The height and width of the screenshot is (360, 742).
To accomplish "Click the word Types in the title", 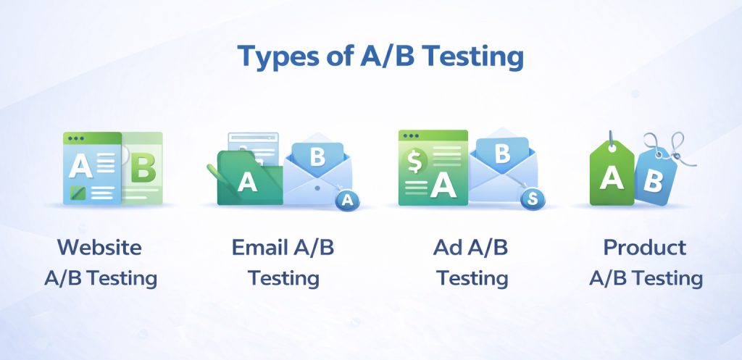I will click(x=273, y=56).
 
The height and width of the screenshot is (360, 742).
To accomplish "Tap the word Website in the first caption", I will click(x=99, y=247).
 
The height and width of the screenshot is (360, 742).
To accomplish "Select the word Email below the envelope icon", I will click(x=259, y=247).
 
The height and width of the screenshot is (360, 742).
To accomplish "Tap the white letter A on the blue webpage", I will click(x=80, y=167).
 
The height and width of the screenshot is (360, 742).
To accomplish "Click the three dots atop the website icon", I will click(x=74, y=137).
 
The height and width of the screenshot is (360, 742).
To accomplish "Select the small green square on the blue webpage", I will click(x=77, y=192).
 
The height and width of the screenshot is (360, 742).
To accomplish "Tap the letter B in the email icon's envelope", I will click(x=317, y=156).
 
